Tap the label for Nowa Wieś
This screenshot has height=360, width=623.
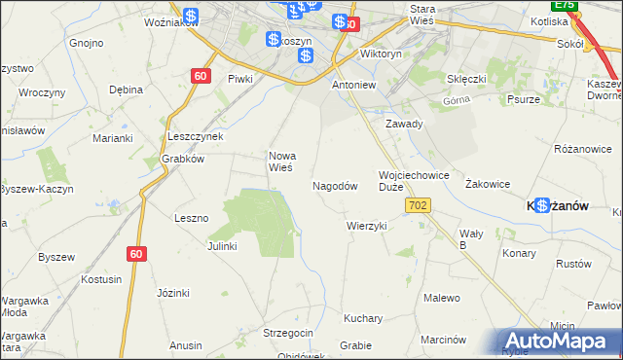click(281, 161)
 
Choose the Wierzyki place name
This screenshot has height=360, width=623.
click(367, 226)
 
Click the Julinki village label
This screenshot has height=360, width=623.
click(222, 246)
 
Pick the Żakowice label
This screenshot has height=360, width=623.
click(488, 183)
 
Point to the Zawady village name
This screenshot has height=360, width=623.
click(403, 125)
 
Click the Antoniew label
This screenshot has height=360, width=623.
click(353, 85)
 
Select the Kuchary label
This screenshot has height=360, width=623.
click(362, 318)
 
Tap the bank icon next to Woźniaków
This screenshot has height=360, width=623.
click(191, 17)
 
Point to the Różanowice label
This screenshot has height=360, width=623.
click(581, 150)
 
